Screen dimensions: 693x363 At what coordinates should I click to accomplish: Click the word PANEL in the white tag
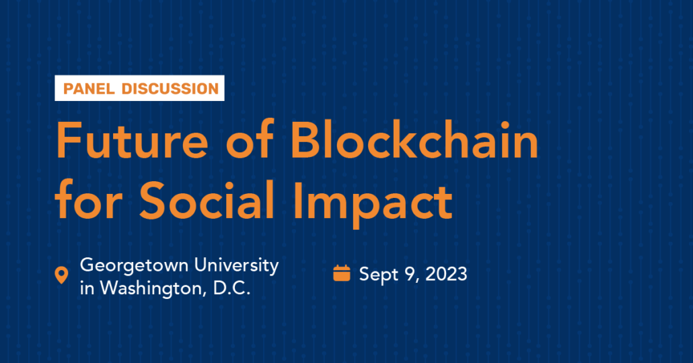click(89, 88)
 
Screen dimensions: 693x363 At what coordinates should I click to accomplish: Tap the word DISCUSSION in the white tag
click(170, 88)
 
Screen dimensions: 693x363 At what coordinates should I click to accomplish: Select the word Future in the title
click(132, 141)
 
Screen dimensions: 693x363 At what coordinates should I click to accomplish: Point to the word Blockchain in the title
click(414, 139)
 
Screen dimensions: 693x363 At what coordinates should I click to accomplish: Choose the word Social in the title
click(207, 199)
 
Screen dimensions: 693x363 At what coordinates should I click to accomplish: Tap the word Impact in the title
click(373, 203)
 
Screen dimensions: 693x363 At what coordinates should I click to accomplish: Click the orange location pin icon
click(61, 275)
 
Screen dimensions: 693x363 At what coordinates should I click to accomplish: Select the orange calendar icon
click(342, 273)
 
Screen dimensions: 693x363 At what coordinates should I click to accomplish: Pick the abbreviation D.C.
click(232, 288)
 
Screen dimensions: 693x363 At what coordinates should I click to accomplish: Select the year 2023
click(446, 274)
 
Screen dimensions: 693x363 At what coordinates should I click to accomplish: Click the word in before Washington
click(87, 288)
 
